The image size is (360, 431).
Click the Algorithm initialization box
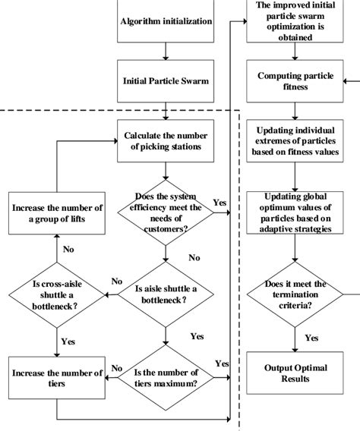(x=166, y=21)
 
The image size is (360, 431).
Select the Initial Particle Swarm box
(x=166, y=80)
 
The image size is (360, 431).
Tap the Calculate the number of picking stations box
(x=166, y=140)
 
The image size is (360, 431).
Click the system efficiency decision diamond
(x=166, y=213)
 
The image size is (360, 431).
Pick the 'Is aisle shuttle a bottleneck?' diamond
(x=166, y=294)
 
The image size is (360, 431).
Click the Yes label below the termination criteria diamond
(x=311, y=338)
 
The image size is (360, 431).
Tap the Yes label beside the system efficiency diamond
(x=219, y=203)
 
